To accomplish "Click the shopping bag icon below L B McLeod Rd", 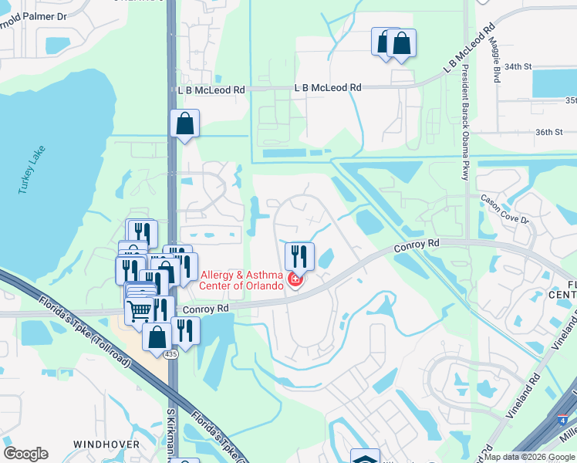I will coord(185,123).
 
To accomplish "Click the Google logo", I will coord(25,454).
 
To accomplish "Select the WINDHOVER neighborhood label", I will coord(106,444).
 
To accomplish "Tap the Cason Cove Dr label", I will coord(505,208).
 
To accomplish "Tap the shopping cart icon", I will coord(140,310).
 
